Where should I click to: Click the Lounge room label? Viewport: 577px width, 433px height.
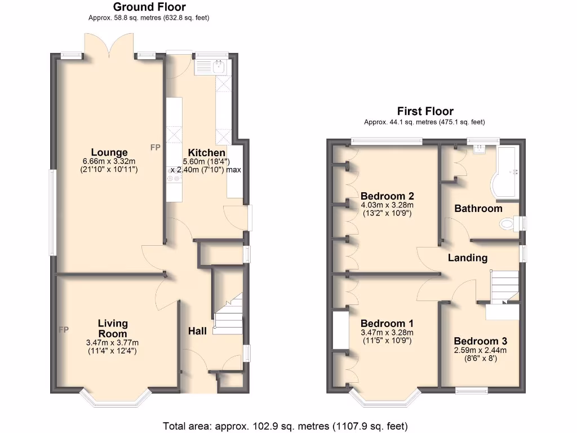click(x=109, y=152)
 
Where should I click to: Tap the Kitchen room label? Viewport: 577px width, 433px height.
click(x=207, y=153)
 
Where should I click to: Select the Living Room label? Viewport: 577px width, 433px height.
click(x=113, y=328)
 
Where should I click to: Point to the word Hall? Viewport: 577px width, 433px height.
click(x=197, y=331)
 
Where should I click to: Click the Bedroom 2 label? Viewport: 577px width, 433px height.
click(x=387, y=196)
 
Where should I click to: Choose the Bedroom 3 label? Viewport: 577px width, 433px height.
click(x=480, y=341)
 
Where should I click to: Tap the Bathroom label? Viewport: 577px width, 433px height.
click(x=478, y=209)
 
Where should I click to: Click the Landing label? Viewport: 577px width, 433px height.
click(x=467, y=258)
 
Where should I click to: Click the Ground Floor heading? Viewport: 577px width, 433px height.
click(x=149, y=7)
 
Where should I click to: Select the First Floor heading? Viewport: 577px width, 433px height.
click(x=425, y=111)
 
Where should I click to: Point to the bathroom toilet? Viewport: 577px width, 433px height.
click(x=509, y=224)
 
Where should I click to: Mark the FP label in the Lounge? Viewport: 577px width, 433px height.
click(x=155, y=148)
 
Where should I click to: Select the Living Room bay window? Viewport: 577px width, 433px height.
click(x=114, y=399)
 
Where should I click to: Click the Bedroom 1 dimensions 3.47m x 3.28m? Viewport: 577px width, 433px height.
click(x=387, y=333)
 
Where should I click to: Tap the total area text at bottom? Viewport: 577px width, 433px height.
click(x=285, y=426)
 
